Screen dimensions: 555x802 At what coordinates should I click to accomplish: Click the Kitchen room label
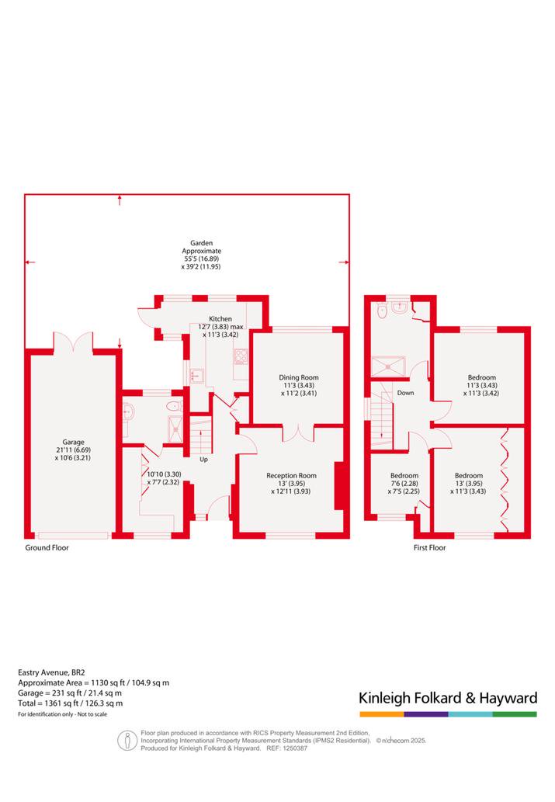coord(220,318)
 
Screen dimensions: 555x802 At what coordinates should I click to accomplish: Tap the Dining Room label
coord(299,377)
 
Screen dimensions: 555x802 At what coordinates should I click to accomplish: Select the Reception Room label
coord(292,476)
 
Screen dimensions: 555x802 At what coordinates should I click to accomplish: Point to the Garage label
coord(73,443)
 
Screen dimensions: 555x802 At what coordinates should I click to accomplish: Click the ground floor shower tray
coord(175,429)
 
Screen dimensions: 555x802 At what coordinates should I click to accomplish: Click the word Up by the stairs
coord(203,460)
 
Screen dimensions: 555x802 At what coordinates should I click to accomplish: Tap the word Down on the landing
coord(406,393)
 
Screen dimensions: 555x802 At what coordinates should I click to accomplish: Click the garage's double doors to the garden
coord(73,342)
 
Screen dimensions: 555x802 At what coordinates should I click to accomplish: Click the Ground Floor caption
coord(47,548)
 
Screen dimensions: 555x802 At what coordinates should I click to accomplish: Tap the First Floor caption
coord(430,548)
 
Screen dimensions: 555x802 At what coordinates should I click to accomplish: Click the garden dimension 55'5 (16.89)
coord(201,259)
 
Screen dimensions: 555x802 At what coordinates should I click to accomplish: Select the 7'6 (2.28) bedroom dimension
coord(404,484)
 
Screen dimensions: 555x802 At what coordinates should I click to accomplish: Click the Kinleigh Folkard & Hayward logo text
coord(448,698)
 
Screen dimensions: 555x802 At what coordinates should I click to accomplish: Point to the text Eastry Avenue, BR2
coord(44,672)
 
